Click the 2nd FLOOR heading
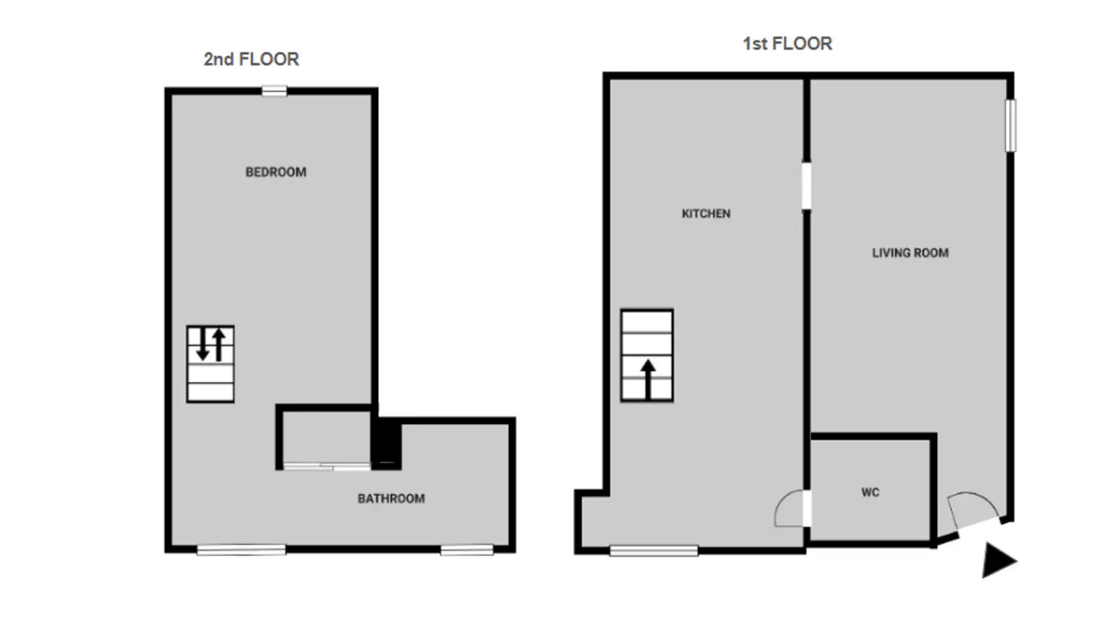[x=251, y=59]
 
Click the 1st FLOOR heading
[x=787, y=44]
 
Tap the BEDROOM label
[x=276, y=172]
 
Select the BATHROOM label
[x=391, y=499]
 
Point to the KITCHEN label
[x=706, y=214]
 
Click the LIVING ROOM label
[x=910, y=253]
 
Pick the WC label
[x=871, y=493]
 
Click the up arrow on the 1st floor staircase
[x=648, y=379]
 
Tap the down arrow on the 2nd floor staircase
[x=203, y=344]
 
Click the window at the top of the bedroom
[x=275, y=92]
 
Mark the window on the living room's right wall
[x=1010, y=125]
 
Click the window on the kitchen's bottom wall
[x=654, y=551]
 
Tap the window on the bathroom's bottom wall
[x=467, y=550]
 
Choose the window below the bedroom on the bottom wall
[x=241, y=550]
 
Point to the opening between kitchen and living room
[x=806, y=185]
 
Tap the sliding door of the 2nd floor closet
[x=327, y=467]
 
